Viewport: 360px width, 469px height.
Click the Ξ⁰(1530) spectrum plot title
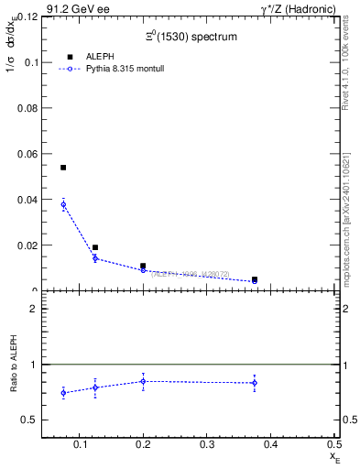coord(191,38)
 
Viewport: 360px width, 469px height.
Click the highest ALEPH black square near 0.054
coord(63,168)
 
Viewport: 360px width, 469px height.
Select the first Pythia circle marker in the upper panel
coord(63,205)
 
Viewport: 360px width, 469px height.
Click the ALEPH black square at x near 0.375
coord(255,279)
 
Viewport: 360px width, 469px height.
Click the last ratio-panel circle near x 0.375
coord(255,383)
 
